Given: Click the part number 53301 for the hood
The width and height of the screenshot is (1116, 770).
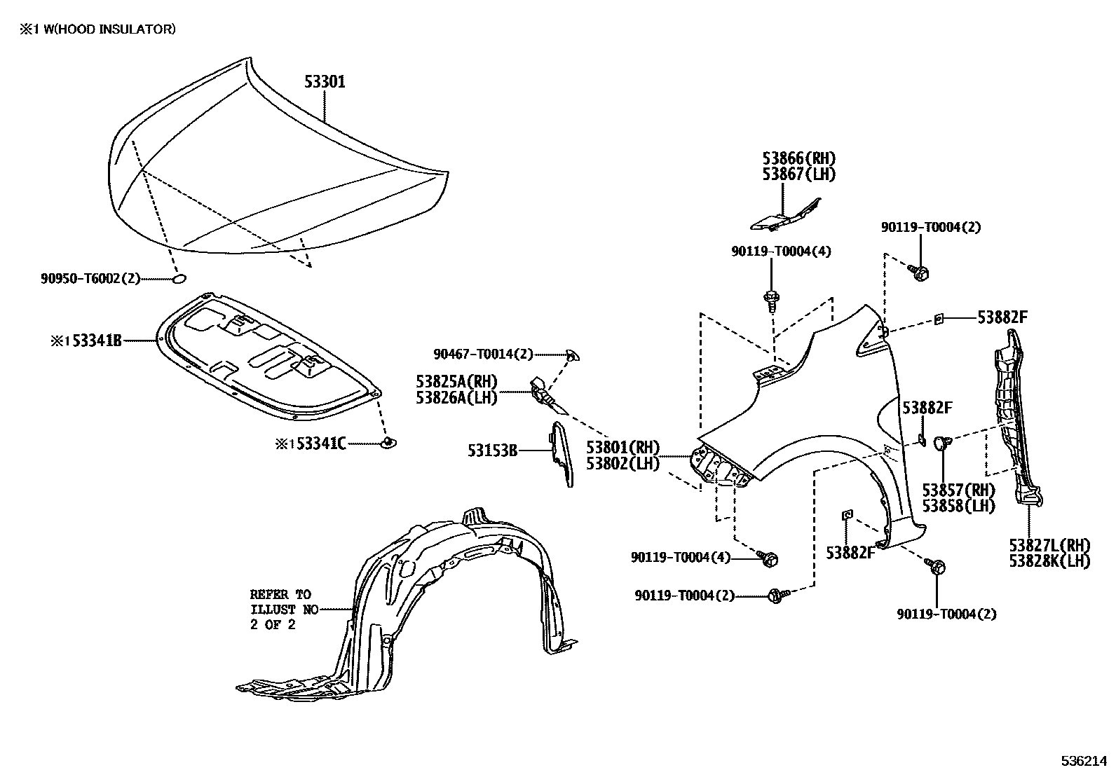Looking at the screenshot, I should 325,82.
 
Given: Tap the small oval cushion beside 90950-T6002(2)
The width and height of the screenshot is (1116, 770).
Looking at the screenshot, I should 179,279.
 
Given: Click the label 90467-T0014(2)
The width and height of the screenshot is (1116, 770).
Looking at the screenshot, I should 483,355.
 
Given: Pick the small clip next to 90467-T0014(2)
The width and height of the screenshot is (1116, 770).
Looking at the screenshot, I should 573,357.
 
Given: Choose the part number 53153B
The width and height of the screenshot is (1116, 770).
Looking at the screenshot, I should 492,451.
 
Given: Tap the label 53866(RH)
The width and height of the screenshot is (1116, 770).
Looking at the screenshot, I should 799,159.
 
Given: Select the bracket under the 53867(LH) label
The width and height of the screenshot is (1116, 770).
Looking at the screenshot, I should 784,216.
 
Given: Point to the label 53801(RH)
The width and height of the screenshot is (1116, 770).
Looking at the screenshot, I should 623,448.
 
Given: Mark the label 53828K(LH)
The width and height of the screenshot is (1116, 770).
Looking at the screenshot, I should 1049,561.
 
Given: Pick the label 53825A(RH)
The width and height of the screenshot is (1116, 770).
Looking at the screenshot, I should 456,382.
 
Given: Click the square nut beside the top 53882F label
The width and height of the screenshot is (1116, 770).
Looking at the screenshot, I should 939,319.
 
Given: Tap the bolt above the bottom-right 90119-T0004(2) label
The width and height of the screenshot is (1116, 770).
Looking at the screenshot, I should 937,566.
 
